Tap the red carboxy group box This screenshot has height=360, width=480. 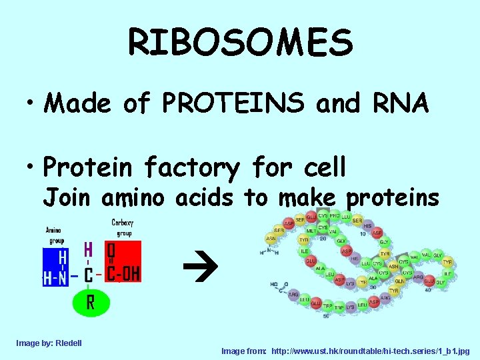point(123,261)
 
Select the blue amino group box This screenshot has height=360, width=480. point(55,267)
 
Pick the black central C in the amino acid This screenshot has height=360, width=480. point(89,275)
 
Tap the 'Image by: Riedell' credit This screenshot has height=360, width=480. point(49,343)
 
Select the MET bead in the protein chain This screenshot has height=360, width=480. point(311,231)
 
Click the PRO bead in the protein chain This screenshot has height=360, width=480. point(335,217)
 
